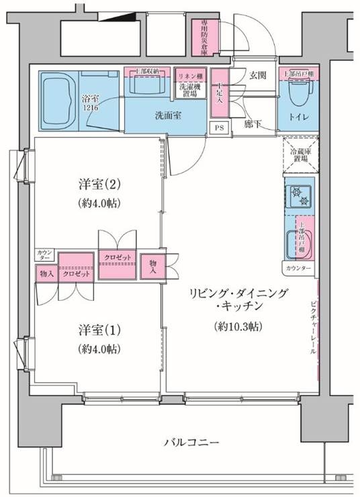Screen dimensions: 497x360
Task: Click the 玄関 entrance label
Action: (258, 75)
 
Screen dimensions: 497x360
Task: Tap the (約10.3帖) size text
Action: (239, 327)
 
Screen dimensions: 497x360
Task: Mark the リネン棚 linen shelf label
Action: (190, 76)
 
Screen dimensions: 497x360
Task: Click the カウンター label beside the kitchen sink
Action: (299, 269)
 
